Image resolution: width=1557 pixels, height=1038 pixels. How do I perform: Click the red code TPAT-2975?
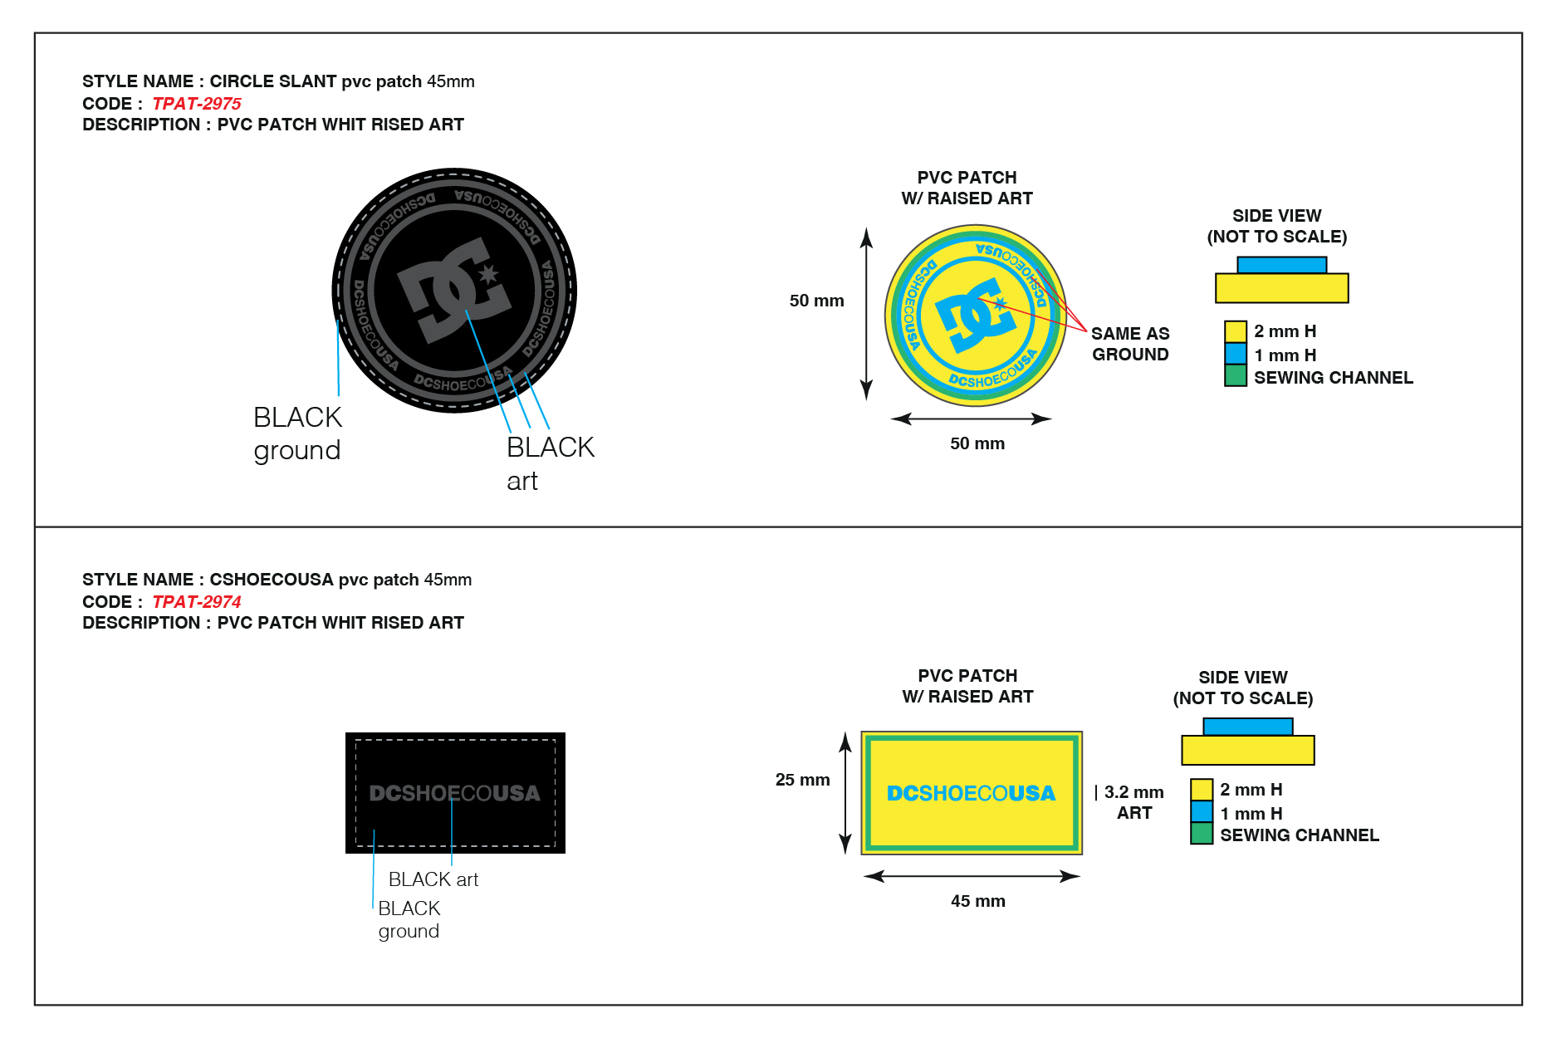tap(197, 104)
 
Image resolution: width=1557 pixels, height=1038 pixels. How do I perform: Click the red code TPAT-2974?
tap(197, 602)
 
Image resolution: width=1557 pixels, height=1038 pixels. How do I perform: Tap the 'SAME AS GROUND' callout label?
tap(1130, 344)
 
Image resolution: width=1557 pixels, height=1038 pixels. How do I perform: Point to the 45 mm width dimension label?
tap(977, 901)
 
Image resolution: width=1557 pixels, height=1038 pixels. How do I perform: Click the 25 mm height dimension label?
tap(802, 780)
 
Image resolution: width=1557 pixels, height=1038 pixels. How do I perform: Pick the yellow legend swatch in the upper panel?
tap(1236, 331)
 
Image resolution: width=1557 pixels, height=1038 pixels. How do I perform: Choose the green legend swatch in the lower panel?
tap(1202, 834)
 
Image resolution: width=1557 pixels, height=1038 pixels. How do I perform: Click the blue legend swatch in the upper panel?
tap(1236, 353)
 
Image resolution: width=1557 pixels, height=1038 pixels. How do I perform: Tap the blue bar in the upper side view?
tap(1281, 265)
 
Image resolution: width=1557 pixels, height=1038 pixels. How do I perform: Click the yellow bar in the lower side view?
tap(1247, 750)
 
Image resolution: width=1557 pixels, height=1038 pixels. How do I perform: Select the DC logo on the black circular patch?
tap(454, 290)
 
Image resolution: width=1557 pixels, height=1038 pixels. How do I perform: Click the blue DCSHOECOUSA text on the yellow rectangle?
tap(971, 793)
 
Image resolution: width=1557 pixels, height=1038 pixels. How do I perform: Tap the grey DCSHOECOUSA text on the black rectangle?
tap(454, 793)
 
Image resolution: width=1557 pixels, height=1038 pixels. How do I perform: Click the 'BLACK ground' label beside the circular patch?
tap(297, 433)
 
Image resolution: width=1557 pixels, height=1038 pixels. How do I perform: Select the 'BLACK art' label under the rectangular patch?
tap(433, 879)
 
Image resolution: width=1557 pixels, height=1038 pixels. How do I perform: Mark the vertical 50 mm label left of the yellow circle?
tap(816, 301)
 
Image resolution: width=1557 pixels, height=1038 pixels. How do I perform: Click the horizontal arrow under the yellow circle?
tap(972, 419)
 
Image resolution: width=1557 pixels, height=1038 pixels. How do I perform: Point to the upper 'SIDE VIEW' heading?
tap(1276, 216)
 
